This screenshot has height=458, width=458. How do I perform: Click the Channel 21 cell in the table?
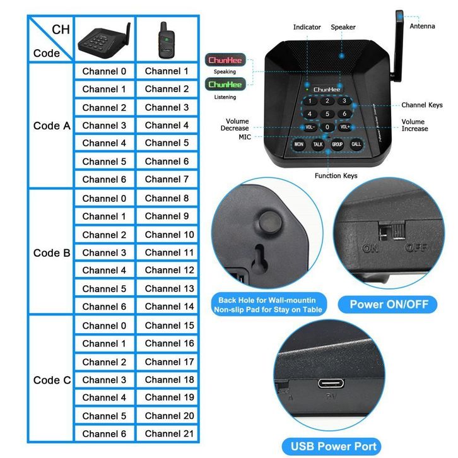coord(167,433)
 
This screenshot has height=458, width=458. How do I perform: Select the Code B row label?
coord(52,253)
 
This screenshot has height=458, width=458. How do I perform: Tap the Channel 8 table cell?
coord(167,198)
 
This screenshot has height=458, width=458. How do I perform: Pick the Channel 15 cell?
coord(167,326)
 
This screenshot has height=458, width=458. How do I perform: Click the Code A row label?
coord(52,126)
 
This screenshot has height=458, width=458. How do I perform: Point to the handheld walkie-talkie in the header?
coord(166,40)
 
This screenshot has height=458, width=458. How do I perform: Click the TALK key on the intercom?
coord(318,144)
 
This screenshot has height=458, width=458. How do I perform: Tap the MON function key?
coord(299,144)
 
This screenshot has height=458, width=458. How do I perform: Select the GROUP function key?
coord(337,144)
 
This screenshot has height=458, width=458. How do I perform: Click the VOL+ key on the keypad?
coord(344,127)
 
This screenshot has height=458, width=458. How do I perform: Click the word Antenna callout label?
coord(422,26)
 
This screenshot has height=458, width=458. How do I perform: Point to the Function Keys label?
coord(336,175)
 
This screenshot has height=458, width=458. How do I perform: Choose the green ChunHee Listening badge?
coord(225,84)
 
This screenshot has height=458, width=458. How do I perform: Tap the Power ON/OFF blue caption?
coord(389,305)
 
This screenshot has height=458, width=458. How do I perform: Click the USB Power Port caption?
coord(333,447)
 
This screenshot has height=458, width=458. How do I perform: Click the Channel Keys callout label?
coord(422,105)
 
